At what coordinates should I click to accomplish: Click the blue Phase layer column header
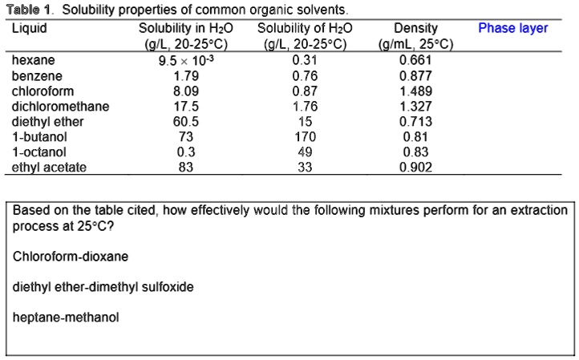point(513,28)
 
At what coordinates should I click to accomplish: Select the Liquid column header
point(30,28)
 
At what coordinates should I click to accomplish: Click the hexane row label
point(33,60)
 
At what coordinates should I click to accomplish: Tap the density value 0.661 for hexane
point(415,60)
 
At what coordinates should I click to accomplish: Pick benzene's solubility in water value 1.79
point(186,75)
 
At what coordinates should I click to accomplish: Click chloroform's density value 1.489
point(415,91)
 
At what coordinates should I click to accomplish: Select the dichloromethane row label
point(61,107)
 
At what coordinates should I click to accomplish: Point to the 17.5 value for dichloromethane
point(186,107)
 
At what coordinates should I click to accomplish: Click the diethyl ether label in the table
point(47,122)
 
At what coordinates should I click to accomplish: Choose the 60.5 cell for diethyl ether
point(186,122)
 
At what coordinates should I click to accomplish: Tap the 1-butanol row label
point(39,137)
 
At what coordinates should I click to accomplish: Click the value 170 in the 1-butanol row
point(305,137)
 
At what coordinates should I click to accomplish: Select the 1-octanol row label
point(39,152)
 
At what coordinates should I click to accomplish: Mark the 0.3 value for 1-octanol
point(186,152)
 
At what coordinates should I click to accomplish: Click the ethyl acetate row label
point(49,168)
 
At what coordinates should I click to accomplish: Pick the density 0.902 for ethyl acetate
point(415,168)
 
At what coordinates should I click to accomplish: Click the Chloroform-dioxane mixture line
point(71,257)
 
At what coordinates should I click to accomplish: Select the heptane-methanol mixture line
point(66,318)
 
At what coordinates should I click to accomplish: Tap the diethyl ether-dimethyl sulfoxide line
point(103,287)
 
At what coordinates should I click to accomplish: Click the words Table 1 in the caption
point(28,10)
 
